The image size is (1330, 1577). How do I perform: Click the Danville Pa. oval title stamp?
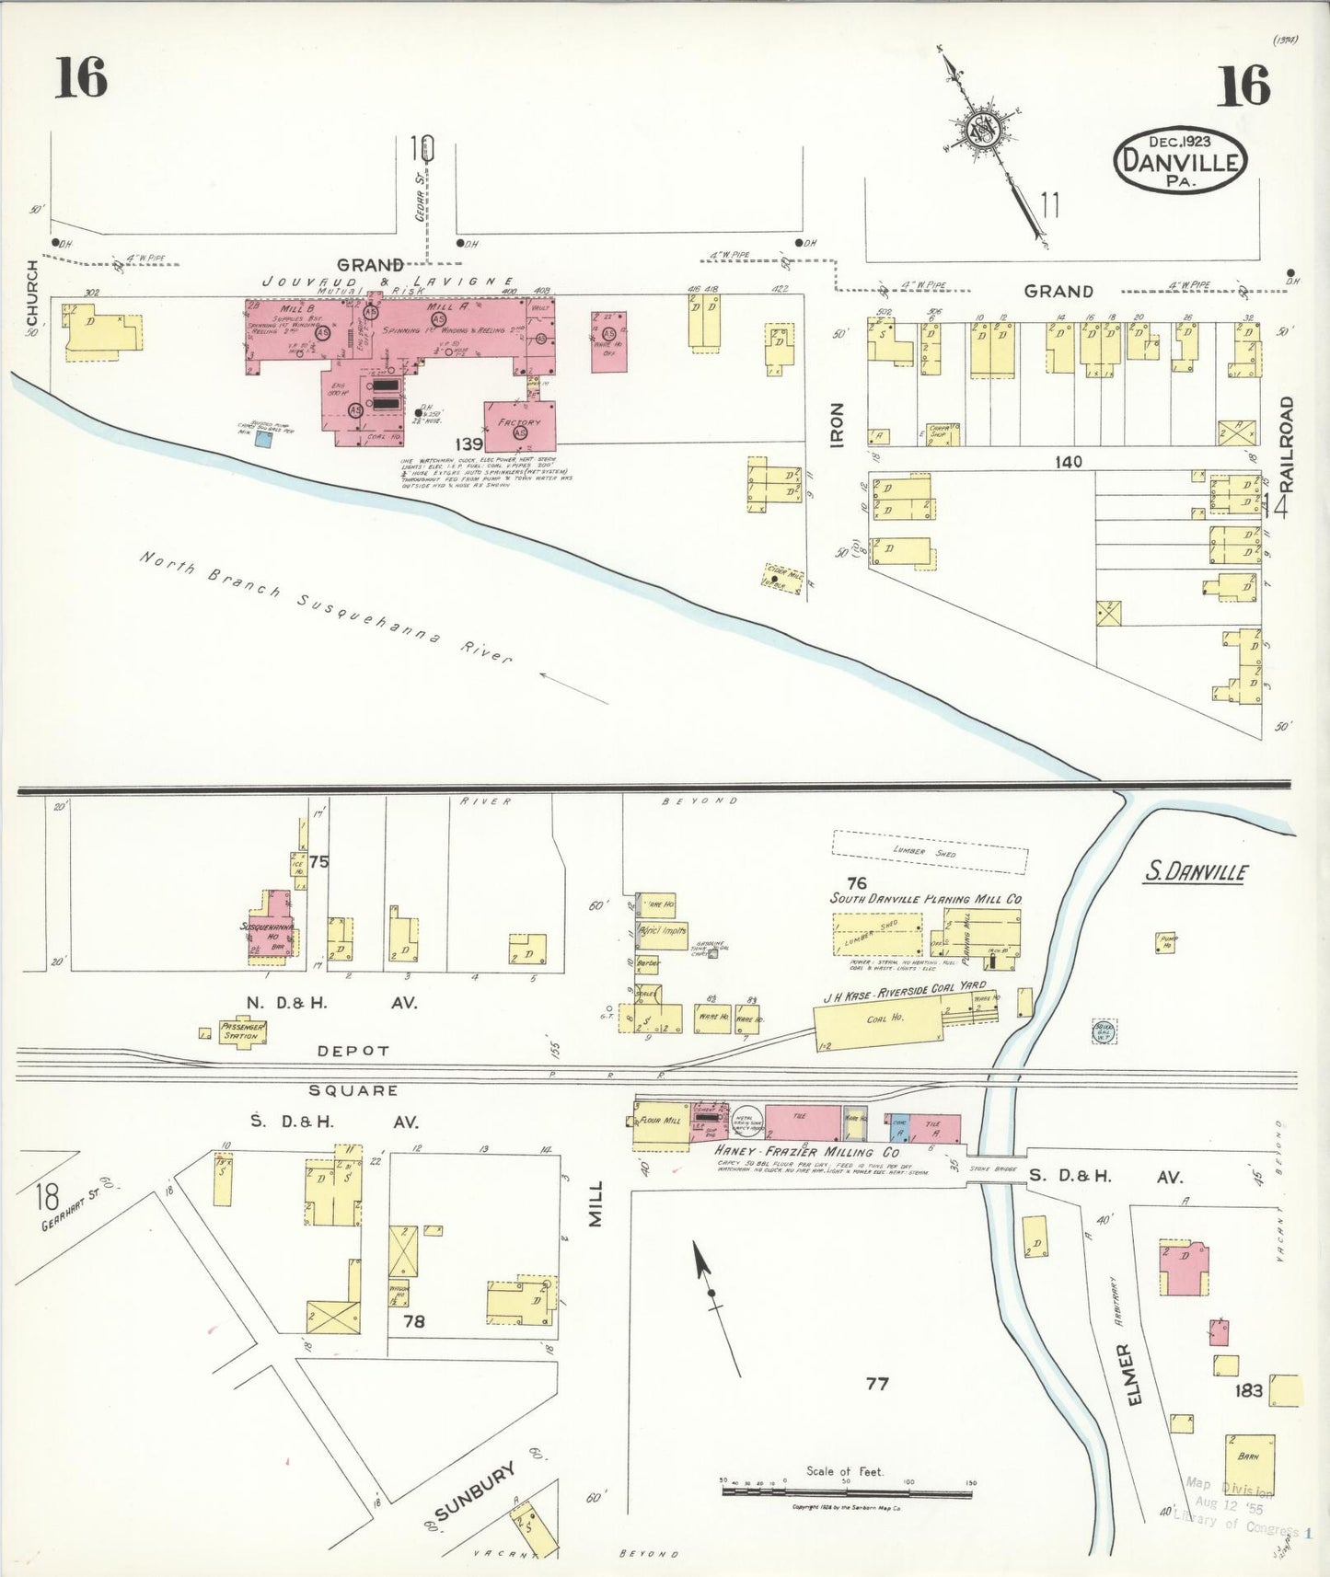(1180, 161)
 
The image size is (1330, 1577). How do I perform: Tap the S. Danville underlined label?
(1196, 870)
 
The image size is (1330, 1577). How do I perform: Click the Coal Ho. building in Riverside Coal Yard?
(879, 1022)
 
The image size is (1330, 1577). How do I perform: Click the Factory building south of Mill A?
(520, 426)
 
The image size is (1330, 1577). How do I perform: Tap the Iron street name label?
(837, 425)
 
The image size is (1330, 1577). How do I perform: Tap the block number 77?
(877, 1383)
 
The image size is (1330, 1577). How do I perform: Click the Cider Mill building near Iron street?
(783, 578)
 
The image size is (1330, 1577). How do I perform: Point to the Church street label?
(33, 293)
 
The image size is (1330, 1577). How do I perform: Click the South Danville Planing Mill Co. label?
(926, 898)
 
